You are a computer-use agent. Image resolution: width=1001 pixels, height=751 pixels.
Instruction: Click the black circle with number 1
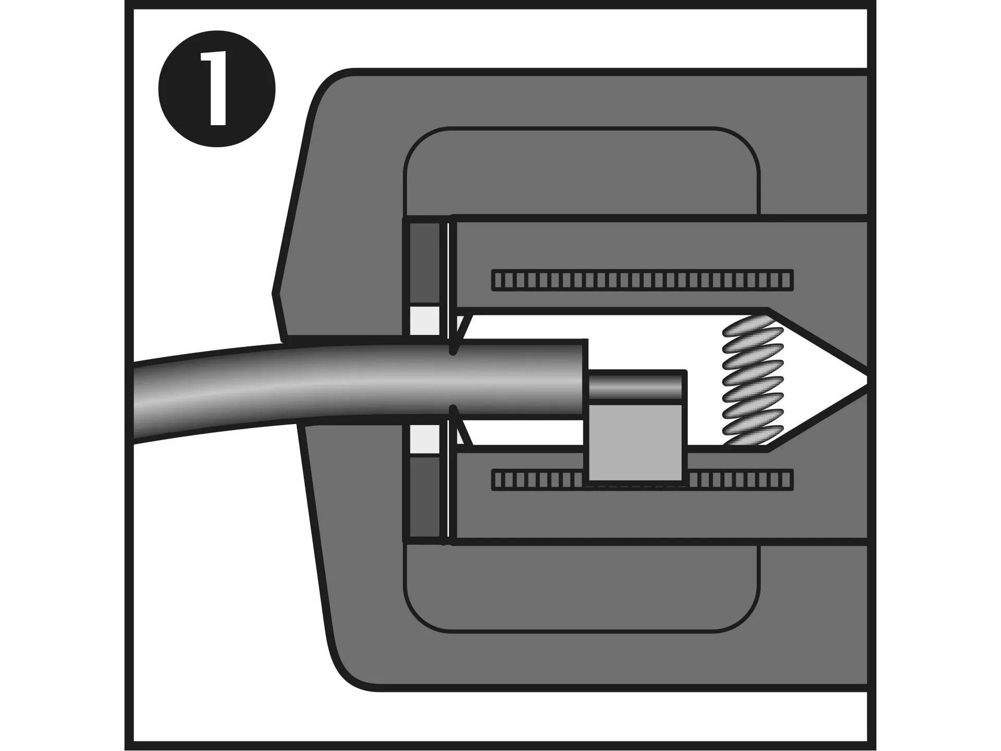217,89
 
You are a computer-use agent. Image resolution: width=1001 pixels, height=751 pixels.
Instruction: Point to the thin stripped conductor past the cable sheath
636,386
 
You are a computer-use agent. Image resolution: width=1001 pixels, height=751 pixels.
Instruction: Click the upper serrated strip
642,280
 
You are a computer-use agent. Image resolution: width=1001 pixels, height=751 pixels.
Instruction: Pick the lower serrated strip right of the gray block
740,480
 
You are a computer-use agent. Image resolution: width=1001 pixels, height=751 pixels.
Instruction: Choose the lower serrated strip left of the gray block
538,480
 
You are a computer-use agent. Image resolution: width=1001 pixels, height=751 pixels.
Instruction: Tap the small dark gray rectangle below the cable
424,497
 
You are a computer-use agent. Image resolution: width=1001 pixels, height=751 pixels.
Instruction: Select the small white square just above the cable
425,320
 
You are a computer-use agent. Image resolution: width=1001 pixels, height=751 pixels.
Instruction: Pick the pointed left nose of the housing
274,293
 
